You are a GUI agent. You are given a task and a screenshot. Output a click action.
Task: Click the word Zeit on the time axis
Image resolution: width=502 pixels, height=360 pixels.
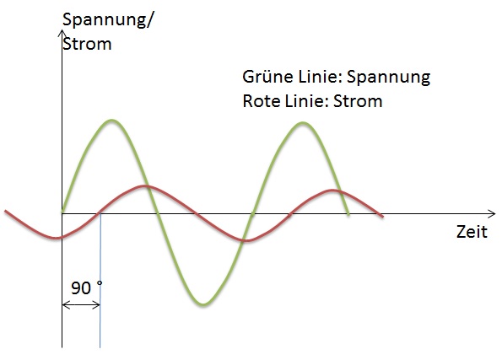pyautogui.click(x=472, y=231)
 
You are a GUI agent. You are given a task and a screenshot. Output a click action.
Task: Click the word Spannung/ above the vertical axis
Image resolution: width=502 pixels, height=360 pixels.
pyautogui.click(x=108, y=21)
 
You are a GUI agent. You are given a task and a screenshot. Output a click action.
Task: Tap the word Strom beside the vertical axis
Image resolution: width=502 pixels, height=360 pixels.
pyautogui.click(x=87, y=44)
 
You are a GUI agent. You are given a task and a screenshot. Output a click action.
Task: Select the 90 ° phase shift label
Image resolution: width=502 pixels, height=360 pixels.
pyautogui.click(x=86, y=287)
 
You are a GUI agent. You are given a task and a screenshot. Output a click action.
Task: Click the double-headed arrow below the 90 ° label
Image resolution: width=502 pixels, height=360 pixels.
pyautogui.click(x=81, y=305)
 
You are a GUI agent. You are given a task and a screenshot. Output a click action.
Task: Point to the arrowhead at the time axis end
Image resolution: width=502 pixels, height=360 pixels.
pyautogui.click(x=492, y=213)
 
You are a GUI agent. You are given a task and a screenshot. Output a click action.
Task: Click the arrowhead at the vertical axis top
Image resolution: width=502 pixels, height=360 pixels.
pyautogui.click(x=62, y=33)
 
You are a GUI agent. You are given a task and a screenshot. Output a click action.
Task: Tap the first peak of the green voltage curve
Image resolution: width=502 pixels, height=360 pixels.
pyautogui.click(x=111, y=121)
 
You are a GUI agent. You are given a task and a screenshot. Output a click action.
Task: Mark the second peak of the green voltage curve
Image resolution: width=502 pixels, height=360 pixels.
pyautogui.click(x=302, y=123)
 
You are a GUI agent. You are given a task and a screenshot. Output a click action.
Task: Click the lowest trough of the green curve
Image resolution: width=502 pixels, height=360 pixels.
pyautogui.click(x=202, y=304)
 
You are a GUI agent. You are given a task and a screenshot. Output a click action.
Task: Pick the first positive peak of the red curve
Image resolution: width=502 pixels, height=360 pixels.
pyautogui.click(x=143, y=186)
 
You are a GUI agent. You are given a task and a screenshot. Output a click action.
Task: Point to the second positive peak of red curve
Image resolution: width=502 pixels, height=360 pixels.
pyautogui.click(x=333, y=191)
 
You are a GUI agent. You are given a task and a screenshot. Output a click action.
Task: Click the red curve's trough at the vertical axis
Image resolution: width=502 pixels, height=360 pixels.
pyautogui.click(x=57, y=238)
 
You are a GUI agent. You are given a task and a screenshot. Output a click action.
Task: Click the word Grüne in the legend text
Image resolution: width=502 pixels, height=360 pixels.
pyautogui.click(x=267, y=77)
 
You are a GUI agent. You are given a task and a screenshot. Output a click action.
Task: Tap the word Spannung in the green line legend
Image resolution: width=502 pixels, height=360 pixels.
pyautogui.click(x=389, y=78)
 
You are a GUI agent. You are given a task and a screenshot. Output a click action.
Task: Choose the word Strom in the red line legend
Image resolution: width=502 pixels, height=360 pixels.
pyautogui.click(x=358, y=101)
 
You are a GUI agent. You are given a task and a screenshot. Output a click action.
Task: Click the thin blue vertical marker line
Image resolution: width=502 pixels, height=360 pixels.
pyautogui.click(x=100, y=280)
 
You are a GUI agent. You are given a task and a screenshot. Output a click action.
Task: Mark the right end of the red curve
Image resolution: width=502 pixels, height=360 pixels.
pyautogui.click(x=382, y=217)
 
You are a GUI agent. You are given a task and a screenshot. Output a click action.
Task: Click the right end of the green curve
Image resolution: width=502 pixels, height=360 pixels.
pyautogui.click(x=348, y=213)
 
